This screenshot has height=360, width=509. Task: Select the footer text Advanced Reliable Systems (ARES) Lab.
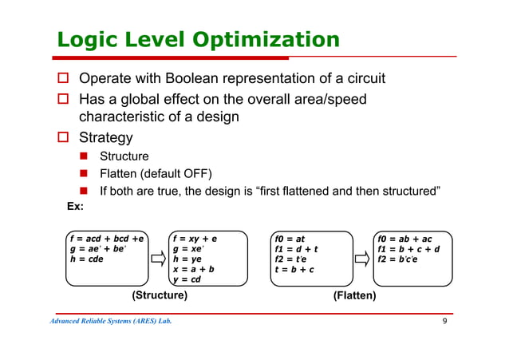(x=110, y=322)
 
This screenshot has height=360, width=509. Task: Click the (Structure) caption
(x=159, y=295)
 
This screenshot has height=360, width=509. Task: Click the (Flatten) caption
(x=354, y=295)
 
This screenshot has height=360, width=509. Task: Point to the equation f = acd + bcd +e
(x=106, y=238)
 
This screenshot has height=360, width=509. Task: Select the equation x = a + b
(x=194, y=269)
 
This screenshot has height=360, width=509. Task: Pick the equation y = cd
(x=189, y=279)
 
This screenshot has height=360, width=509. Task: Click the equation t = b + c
(x=294, y=269)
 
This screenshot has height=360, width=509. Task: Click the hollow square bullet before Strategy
(x=61, y=138)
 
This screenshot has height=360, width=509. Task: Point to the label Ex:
(x=75, y=209)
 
